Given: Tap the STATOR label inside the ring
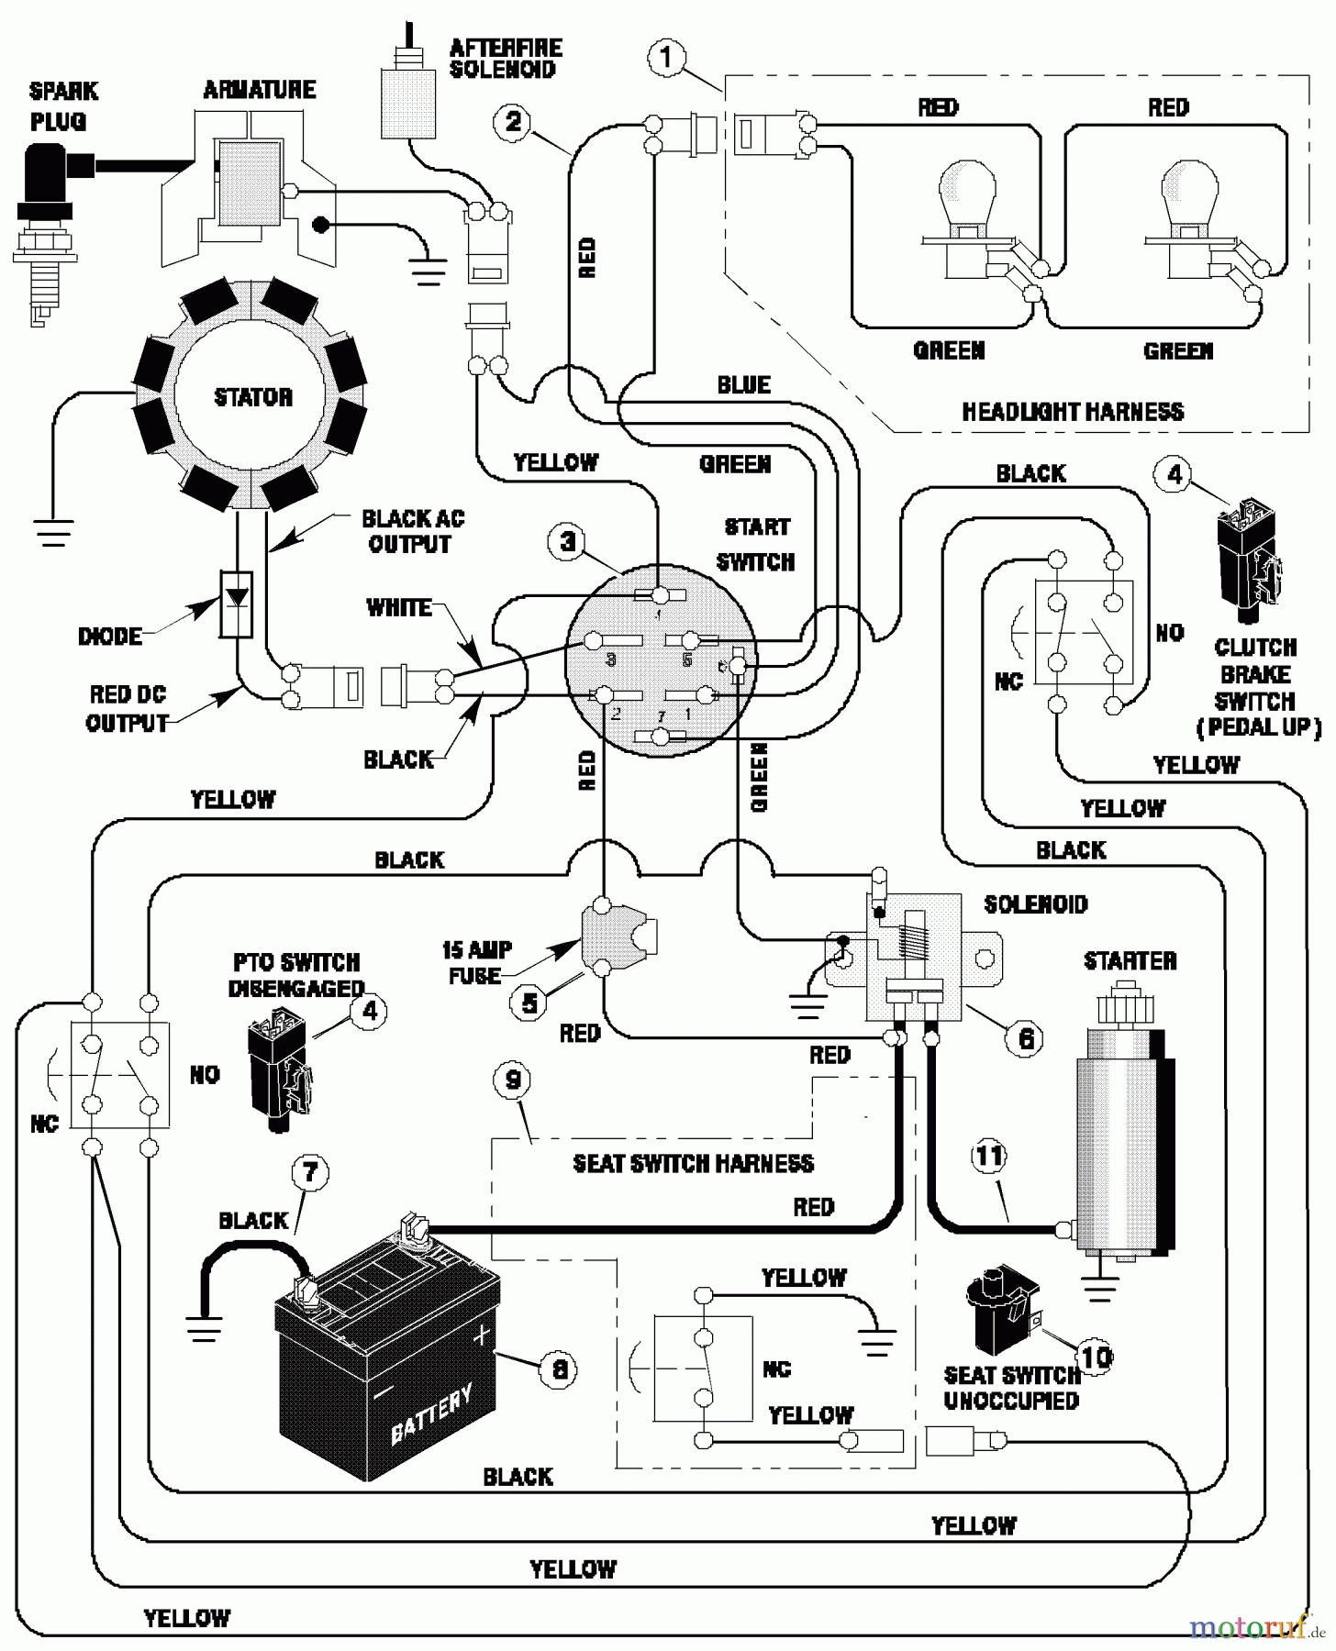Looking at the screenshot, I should (253, 397).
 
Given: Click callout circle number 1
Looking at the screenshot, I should (665, 58).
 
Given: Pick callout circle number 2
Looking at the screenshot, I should (512, 120).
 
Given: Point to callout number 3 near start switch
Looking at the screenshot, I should (568, 541).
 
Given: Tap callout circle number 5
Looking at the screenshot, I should (529, 1003).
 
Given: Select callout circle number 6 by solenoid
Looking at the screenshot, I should (1025, 1037).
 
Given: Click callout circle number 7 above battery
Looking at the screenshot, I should (309, 1172).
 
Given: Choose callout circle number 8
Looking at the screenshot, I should (559, 1370).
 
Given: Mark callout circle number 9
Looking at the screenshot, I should (512, 1080).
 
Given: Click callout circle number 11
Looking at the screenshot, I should (988, 1156).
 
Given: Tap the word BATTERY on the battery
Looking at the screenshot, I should (431, 1413).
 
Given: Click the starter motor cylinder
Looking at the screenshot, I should (1124, 1137).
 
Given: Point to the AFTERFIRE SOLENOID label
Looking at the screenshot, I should (505, 59).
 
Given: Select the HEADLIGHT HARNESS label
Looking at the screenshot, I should (1072, 412).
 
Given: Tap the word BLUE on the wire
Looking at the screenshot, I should (743, 385).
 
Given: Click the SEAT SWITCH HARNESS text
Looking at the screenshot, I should (693, 1164).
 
